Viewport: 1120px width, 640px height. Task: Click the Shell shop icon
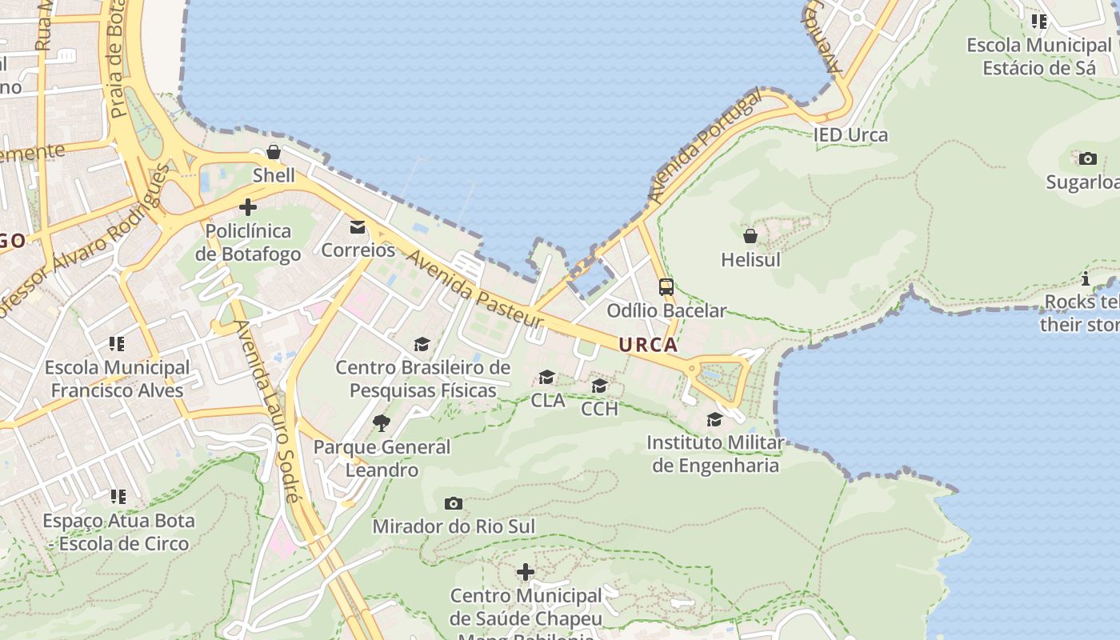coord(274,152)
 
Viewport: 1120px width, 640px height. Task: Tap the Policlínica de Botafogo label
coord(248,242)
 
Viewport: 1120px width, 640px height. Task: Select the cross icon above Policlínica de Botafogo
coord(248,207)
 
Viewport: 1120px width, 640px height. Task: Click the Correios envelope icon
coord(358,227)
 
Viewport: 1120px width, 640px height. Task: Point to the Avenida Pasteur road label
coord(475,290)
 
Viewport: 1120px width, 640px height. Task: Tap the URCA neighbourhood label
coord(648,345)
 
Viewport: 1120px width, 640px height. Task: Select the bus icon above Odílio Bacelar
coord(666,286)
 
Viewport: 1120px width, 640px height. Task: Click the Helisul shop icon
coord(750,236)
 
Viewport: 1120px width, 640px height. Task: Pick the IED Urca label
coord(850,134)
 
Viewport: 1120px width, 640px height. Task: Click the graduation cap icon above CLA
coord(547,377)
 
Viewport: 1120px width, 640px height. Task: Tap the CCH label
coord(599,409)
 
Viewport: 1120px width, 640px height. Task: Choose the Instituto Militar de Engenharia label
coord(715,454)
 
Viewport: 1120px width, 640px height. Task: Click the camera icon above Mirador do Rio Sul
coord(454,503)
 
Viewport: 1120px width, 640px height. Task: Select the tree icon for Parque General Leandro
coord(382,422)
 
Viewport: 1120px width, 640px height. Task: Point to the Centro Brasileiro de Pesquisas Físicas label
coord(422,378)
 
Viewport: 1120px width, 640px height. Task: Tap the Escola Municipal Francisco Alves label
coord(118,378)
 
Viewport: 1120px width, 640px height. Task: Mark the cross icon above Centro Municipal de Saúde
coord(526,572)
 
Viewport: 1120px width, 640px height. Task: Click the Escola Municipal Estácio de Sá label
coord(1038,56)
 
